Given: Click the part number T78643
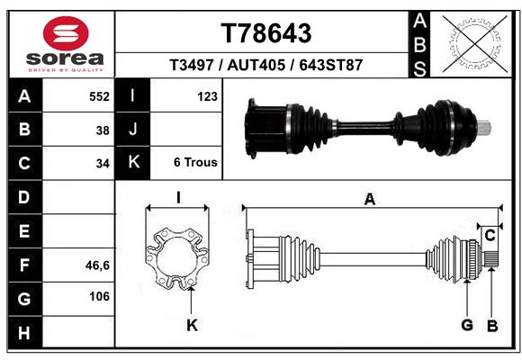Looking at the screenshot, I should click(266, 33).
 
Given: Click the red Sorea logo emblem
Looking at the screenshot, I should click(66, 34).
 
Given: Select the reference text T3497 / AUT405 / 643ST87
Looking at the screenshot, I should click(266, 66).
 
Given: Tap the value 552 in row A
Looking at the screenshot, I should click(99, 96).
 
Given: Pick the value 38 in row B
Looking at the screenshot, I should click(103, 130).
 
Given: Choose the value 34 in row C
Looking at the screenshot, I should click(103, 164).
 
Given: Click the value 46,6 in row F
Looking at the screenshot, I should click(97, 265).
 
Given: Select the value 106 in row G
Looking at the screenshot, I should click(99, 297).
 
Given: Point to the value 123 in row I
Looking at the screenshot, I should click(207, 96).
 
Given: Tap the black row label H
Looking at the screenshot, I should click(23, 334).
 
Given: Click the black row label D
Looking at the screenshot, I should click(23, 197).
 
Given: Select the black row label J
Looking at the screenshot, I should click(133, 130).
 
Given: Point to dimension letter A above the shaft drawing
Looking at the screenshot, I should click(369, 200).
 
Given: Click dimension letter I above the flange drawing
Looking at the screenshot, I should click(178, 198).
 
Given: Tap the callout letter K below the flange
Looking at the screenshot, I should click(191, 325).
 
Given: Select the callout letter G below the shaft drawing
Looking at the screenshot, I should click(467, 325).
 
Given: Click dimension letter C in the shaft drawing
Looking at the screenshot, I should click(490, 236).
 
